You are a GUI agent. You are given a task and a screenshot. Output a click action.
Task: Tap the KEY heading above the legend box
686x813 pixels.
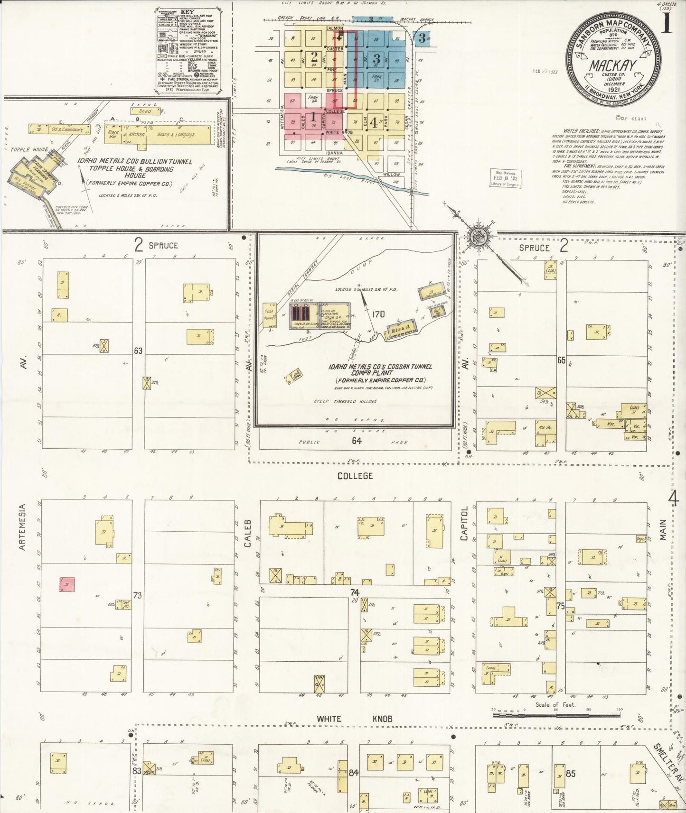[x=188, y=10]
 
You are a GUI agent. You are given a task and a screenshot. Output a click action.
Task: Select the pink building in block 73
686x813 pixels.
[x=67, y=584]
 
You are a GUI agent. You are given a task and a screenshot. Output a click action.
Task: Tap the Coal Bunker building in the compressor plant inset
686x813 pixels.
[x=270, y=315]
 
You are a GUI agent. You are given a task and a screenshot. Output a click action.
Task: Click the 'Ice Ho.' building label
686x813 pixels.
[x=542, y=426]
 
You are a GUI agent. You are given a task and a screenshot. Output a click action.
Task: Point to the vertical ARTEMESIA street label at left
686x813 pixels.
[x=21, y=527]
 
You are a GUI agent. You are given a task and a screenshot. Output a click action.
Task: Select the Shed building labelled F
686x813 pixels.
[x=145, y=111]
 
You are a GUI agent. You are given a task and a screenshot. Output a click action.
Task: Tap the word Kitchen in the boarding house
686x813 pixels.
[x=137, y=134]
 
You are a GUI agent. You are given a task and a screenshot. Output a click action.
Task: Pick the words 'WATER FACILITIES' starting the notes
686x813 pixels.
[x=577, y=130]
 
